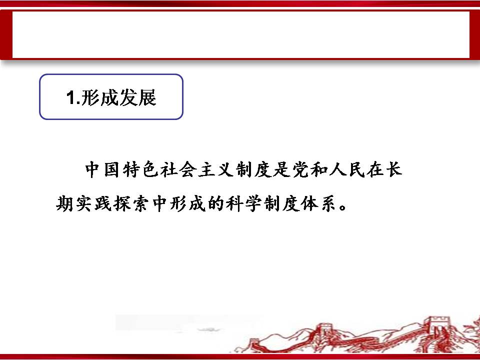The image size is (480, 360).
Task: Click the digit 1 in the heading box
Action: [x=70, y=97]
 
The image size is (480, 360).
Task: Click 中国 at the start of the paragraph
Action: [x=102, y=169]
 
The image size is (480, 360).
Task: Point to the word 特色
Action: [x=140, y=169]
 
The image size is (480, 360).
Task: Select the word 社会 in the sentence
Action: [x=178, y=169]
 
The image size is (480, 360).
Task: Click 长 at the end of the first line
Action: [x=394, y=169]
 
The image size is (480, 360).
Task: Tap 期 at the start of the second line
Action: [x=64, y=203]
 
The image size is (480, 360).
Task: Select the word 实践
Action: [x=93, y=203]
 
